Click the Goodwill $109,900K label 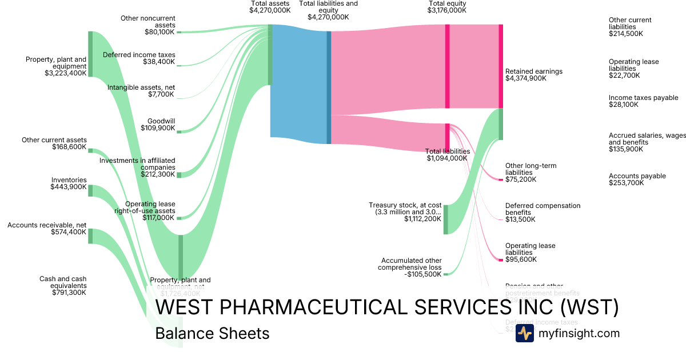pos(158,125)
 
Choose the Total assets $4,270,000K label pos(270,7)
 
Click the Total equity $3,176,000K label pos(447,7)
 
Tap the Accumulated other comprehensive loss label pos(409,267)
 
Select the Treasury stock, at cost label pos(405,211)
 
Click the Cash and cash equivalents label pos(63,286)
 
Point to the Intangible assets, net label pos(141,91)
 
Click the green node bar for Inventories pos(90,190)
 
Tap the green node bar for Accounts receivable pos(90,236)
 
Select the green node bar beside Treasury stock pos(446,219)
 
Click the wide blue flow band pos(298,83)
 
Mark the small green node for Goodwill pos(178,132)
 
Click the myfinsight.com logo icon pos(524,333)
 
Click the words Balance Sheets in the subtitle pos(212,333)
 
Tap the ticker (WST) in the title pos(589,308)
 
